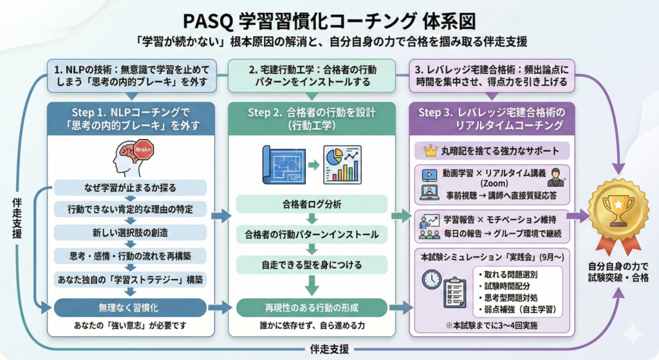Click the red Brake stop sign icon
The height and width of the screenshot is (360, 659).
(x=144, y=149)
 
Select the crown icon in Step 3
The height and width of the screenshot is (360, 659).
(x=431, y=151)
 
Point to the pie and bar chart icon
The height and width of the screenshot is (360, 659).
(x=342, y=165)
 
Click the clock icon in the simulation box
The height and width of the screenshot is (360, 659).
(x=432, y=279)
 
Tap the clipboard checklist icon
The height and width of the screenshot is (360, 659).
(x=455, y=292)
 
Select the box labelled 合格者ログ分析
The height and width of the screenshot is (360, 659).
(x=311, y=204)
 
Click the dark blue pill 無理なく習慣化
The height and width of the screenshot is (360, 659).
(x=130, y=308)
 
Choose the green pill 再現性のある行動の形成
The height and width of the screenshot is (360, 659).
(x=311, y=308)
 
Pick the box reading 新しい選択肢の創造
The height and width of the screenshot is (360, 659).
(x=130, y=232)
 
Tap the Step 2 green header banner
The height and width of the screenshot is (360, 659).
(x=311, y=119)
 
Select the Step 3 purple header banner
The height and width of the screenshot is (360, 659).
(x=492, y=119)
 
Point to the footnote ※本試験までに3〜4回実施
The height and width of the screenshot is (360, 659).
(x=492, y=325)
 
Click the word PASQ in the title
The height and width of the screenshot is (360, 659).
(x=208, y=22)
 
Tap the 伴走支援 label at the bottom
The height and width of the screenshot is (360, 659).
(x=329, y=349)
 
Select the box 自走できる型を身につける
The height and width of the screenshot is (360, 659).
(x=311, y=265)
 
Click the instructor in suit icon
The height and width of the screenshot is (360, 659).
(x=556, y=178)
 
